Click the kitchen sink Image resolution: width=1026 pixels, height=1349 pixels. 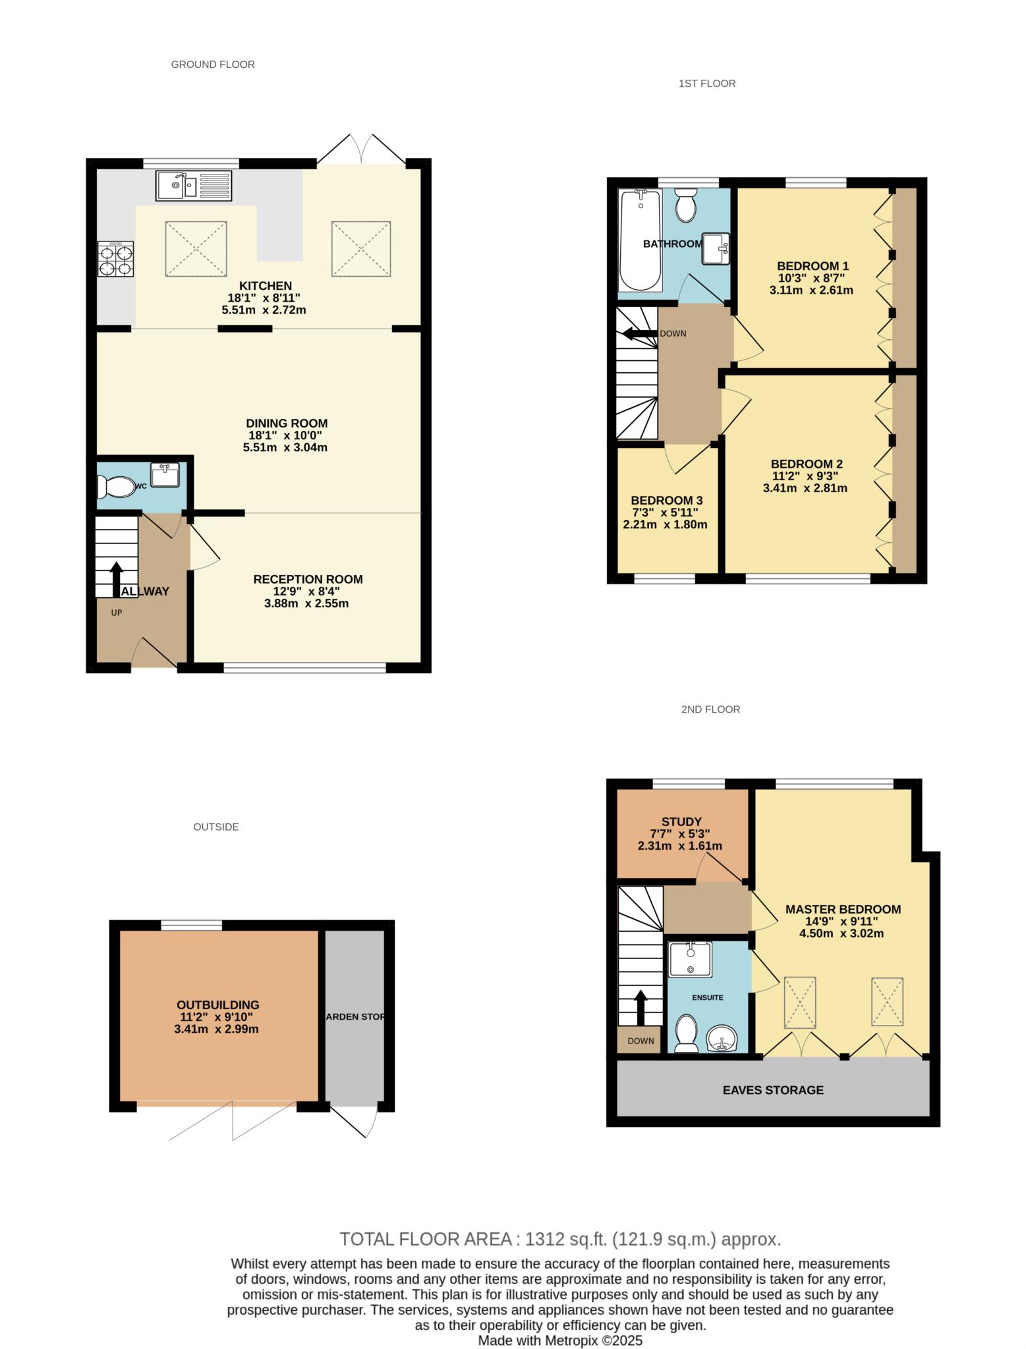click(194, 185)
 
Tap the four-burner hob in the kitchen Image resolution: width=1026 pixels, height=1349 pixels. click(115, 260)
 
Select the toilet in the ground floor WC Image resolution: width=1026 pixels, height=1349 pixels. click(116, 487)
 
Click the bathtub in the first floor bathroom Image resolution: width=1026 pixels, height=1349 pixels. click(641, 240)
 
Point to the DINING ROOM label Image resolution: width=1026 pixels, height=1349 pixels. click(287, 424)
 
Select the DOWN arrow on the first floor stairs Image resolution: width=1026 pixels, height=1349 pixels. click(637, 333)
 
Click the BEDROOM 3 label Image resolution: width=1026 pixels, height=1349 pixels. click(666, 501)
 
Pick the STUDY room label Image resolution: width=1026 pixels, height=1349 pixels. click(681, 821)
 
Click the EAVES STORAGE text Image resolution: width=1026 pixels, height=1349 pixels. click(773, 1090)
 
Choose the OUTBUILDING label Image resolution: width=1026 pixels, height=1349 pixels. click(217, 1005)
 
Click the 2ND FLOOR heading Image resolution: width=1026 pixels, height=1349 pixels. click(710, 709)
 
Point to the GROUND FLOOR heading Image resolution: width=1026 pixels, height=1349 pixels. click(213, 64)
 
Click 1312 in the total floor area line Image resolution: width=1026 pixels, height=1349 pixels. click(544, 1240)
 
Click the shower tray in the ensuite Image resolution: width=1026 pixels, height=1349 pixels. click(690, 959)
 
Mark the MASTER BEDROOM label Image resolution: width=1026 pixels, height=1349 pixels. click(843, 909)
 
